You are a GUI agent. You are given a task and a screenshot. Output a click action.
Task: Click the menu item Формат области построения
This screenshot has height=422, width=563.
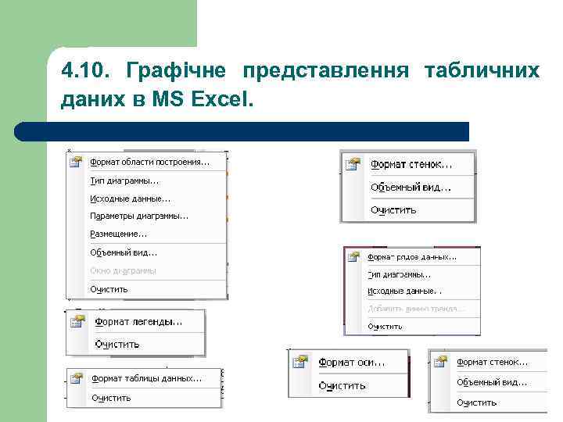149,163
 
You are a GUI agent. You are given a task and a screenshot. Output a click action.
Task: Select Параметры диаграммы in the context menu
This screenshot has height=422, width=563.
139,216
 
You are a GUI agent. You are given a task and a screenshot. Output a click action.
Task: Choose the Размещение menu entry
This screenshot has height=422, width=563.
118,234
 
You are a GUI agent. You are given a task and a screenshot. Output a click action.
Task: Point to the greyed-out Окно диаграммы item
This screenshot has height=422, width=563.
123,270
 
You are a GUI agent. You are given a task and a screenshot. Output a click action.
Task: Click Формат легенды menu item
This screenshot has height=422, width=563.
138,321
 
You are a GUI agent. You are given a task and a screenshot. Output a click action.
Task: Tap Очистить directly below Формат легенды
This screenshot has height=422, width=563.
117,344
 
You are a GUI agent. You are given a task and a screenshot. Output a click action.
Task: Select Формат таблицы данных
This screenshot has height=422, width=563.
146,378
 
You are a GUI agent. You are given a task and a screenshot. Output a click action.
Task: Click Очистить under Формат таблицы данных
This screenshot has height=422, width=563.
111,398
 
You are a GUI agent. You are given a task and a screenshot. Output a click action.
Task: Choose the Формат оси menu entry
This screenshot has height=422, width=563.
351,363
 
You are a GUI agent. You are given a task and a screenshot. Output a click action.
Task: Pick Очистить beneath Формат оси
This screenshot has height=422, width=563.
342,385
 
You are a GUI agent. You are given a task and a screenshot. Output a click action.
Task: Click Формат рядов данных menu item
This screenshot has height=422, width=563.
412,256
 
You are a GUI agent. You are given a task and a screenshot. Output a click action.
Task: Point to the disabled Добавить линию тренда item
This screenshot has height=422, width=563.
415,309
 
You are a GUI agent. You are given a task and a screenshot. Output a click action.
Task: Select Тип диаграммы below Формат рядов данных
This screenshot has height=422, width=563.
399,274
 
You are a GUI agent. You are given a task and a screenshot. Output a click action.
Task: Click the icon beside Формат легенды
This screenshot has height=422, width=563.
77,321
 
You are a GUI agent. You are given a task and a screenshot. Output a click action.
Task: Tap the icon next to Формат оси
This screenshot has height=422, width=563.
299,362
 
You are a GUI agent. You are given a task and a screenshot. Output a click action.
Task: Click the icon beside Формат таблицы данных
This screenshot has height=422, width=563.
76,378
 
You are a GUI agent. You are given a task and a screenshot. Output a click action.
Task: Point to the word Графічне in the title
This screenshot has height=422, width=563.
176,72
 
